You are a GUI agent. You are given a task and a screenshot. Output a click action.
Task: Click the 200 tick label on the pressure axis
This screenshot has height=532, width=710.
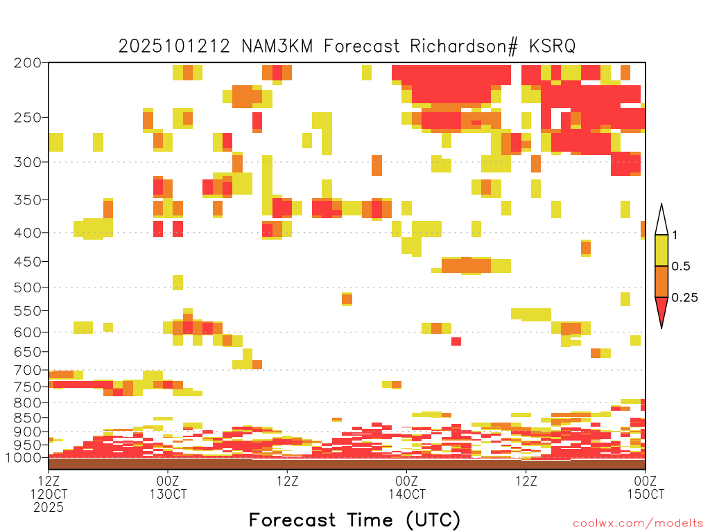(x=27, y=63)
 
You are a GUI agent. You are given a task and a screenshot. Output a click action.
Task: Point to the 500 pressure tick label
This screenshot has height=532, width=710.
(x=27, y=287)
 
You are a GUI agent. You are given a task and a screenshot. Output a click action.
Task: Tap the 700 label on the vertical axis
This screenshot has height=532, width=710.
(x=27, y=370)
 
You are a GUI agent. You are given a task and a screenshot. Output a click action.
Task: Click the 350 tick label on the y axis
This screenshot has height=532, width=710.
(x=27, y=200)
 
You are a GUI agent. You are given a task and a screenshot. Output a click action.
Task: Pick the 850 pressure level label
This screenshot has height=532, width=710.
(x=27, y=418)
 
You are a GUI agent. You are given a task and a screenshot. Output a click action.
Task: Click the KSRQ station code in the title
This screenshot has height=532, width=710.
(x=553, y=46)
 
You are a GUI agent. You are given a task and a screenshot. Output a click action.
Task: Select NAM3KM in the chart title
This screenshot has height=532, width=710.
(x=277, y=46)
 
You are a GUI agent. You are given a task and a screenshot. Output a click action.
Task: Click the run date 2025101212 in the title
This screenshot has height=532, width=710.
(x=174, y=46)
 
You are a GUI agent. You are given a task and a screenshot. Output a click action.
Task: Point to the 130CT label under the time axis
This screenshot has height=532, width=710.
(x=168, y=494)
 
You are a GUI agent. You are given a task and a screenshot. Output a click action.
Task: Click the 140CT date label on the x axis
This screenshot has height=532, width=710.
(x=407, y=494)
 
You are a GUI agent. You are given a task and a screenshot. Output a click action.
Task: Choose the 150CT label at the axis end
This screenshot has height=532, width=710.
(x=646, y=494)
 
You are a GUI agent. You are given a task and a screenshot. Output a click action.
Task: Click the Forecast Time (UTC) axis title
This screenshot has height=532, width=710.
(x=354, y=520)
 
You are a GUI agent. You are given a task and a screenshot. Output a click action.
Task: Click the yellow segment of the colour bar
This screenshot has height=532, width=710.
(x=661, y=250)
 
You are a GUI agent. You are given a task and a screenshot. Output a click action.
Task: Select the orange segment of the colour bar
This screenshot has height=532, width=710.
(x=661, y=281)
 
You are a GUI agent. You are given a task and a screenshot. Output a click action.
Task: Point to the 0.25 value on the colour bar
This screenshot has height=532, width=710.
(x=684, y=297)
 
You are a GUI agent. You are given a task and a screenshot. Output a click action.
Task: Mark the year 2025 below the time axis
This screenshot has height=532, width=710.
(x=49, y=508)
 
